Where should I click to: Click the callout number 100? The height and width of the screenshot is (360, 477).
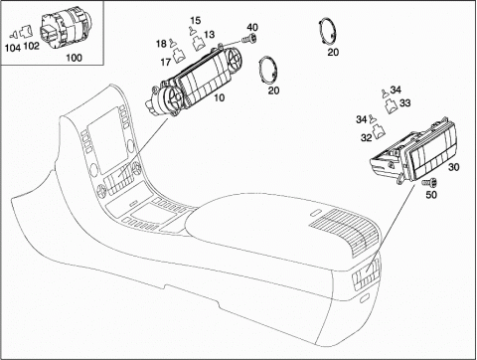74,58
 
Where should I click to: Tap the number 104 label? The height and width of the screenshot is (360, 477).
13,48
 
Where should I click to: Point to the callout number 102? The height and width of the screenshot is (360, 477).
32,46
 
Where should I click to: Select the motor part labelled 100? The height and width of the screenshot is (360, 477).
65,29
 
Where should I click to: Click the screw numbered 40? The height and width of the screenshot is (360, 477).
250,40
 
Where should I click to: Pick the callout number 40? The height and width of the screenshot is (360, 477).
252,27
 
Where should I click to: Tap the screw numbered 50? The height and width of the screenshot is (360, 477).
429,182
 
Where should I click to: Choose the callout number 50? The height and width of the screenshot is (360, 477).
431,195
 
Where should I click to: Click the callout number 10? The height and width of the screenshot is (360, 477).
219,97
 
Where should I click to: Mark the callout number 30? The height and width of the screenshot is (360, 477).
454,167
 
